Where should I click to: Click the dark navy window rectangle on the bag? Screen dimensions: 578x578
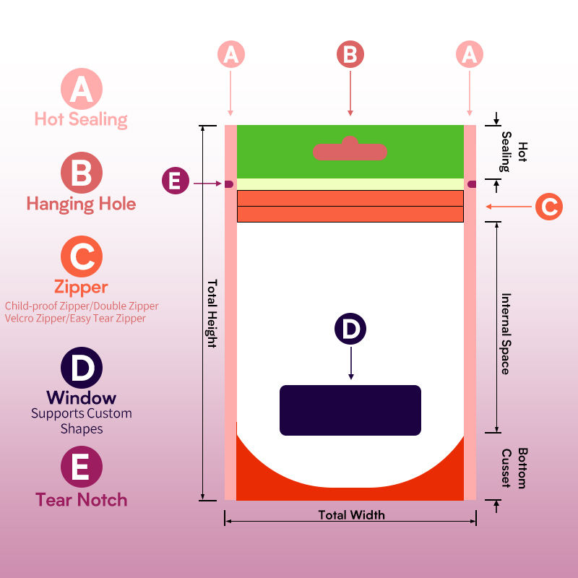[350, 410]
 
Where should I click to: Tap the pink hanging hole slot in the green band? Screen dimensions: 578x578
[350, 150]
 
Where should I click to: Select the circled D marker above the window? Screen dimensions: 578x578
[350, 329]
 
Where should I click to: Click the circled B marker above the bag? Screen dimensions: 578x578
[350, 55]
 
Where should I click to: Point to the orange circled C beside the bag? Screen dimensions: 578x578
[549, 207]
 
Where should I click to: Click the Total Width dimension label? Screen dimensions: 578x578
[351, 515]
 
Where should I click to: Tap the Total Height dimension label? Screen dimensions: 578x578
[212, 313]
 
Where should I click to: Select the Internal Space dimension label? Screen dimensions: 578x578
[506, 333]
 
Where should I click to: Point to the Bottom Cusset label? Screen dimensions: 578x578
[514, 467]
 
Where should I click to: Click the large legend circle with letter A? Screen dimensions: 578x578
[81, 89]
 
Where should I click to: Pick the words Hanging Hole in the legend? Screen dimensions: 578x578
[81, 204]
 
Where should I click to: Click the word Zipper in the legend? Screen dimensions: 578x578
[81, 287]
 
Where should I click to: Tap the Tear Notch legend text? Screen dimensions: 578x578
[81, 499]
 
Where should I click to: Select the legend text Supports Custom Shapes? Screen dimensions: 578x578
[81, 421]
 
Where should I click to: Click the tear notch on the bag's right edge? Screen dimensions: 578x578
[472, 184]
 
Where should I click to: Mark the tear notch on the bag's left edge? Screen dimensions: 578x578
[229, 184]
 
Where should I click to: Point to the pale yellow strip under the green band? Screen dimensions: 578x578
[350, 184]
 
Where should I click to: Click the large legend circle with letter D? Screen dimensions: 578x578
[81, 368]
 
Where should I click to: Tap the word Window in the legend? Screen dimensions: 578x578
[81, 397]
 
